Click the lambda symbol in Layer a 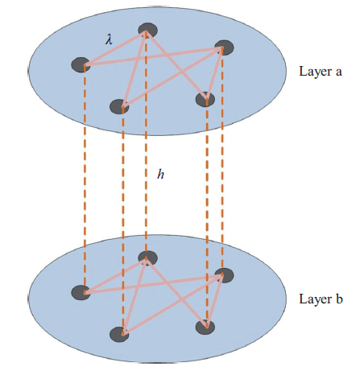[109, 40]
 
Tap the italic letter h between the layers [160, 175]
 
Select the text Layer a [321, 72]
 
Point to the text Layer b [321, 299]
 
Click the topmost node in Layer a [147, 30]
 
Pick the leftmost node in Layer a [81, 64]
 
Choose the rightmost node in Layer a [224, 47]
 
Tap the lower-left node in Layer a [119, 106]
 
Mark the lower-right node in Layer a [205, 99]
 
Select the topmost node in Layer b [147, 258]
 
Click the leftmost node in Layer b [81, 292]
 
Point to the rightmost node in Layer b [224, 275]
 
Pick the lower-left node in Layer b [119, 335]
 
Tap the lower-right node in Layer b [205, 327]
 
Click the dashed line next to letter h [146, 145]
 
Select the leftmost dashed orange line [85, 179]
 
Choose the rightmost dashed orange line [222, 162]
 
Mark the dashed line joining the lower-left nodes [123, 221]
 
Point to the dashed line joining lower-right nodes [207, 213]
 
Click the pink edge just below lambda [115, 48]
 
